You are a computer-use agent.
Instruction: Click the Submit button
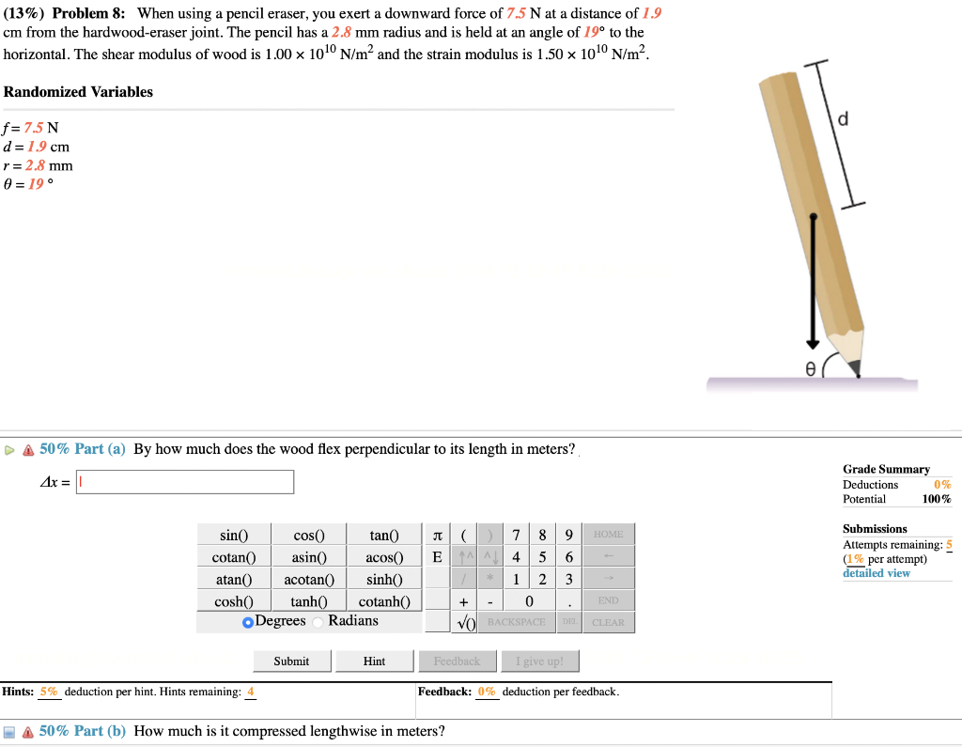291,661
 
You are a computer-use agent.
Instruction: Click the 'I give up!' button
539,661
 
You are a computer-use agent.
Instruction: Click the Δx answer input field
185,482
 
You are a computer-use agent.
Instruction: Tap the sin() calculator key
233,536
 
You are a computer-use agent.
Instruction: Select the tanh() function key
308,601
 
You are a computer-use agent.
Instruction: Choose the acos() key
384,557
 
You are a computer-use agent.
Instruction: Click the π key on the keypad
437,536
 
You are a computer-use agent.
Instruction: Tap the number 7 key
517,536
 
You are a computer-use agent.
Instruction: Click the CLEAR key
608,622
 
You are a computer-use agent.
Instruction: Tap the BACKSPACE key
516,622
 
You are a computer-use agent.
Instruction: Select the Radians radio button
318,621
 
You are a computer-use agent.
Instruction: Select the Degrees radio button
248,622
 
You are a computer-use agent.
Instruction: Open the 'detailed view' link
876,573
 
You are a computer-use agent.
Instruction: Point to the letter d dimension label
842,119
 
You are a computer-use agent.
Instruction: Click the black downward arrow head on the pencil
814,342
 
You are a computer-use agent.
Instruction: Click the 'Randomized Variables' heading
78,92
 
